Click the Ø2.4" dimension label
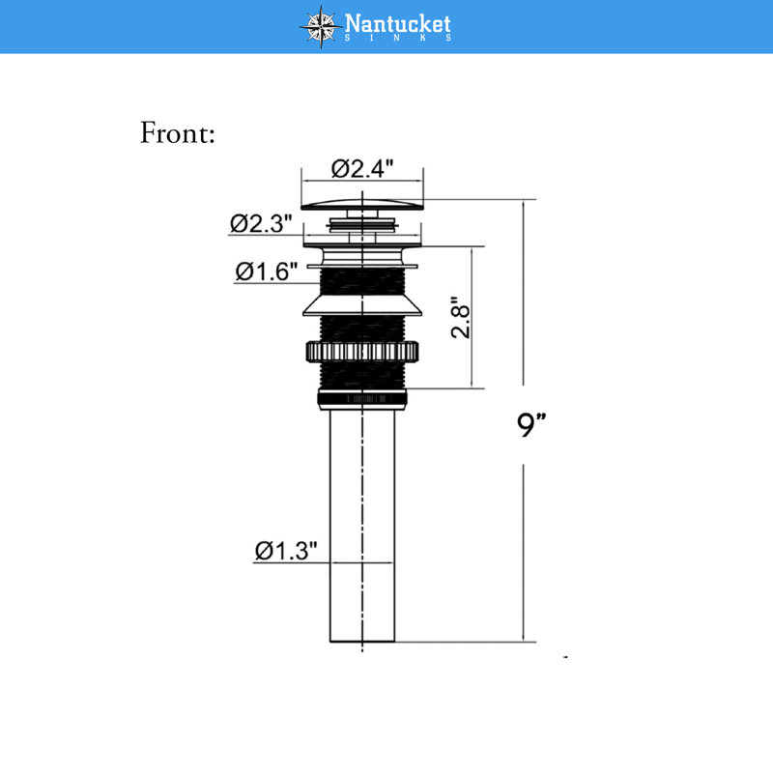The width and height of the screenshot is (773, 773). [x=362, y=168]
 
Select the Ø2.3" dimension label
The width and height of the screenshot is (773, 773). [x=261, y=223]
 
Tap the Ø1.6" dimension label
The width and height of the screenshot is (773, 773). [x=267, y=272]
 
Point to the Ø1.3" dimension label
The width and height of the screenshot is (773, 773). [x=286, y=550]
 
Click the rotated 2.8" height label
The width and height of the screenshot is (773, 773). [x=461, y=317]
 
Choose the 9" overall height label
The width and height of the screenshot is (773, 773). [x=531, y=424]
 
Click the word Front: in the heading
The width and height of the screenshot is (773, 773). [x=178, y=132]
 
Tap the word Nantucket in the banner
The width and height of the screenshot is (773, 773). [x=397, y=22]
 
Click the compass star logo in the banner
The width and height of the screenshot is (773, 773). [x=321, y=27]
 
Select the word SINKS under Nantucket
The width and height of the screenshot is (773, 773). [x=397, y=38]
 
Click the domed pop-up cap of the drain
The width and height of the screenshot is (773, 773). [x=362, y=204]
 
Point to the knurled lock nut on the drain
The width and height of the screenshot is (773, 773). [x=362, y=352]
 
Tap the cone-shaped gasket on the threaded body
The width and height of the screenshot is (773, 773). [x=362, y=305]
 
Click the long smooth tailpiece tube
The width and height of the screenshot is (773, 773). [x=362, y=526]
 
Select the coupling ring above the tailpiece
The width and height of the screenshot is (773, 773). [x=362, y=399]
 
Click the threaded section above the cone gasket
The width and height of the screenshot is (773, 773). [x=362, y=282]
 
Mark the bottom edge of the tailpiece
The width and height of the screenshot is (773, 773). [x=362, y=642]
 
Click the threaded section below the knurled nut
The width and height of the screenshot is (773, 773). [x=362, y=376]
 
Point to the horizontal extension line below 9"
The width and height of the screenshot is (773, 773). [x=466, y=642]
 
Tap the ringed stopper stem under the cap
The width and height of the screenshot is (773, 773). [x=362, y=225]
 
